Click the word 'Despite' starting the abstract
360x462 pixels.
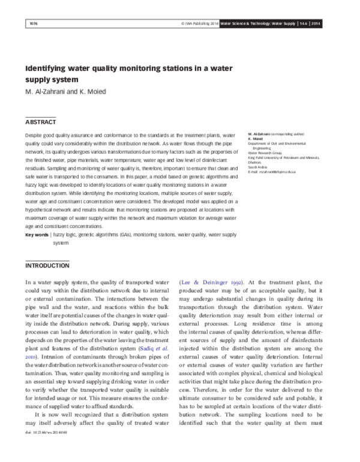tap(34, 137)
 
